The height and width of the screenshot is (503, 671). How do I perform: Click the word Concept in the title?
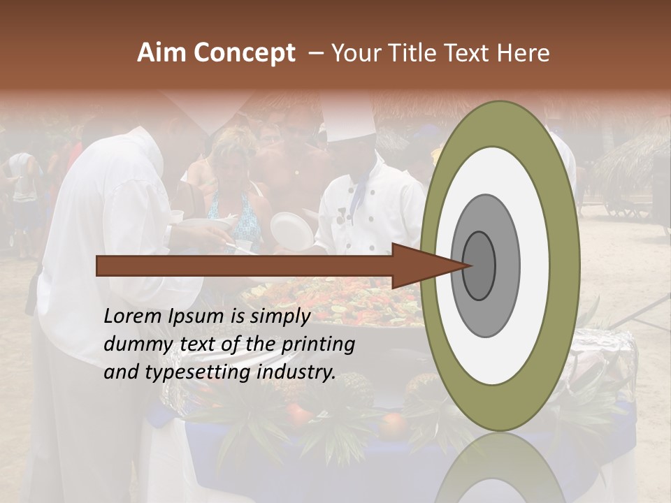244,53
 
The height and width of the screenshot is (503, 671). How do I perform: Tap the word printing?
318,344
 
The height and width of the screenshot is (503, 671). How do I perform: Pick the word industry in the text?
296,372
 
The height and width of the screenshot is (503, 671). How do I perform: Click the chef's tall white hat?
348,119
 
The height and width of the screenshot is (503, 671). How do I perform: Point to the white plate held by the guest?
292,230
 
